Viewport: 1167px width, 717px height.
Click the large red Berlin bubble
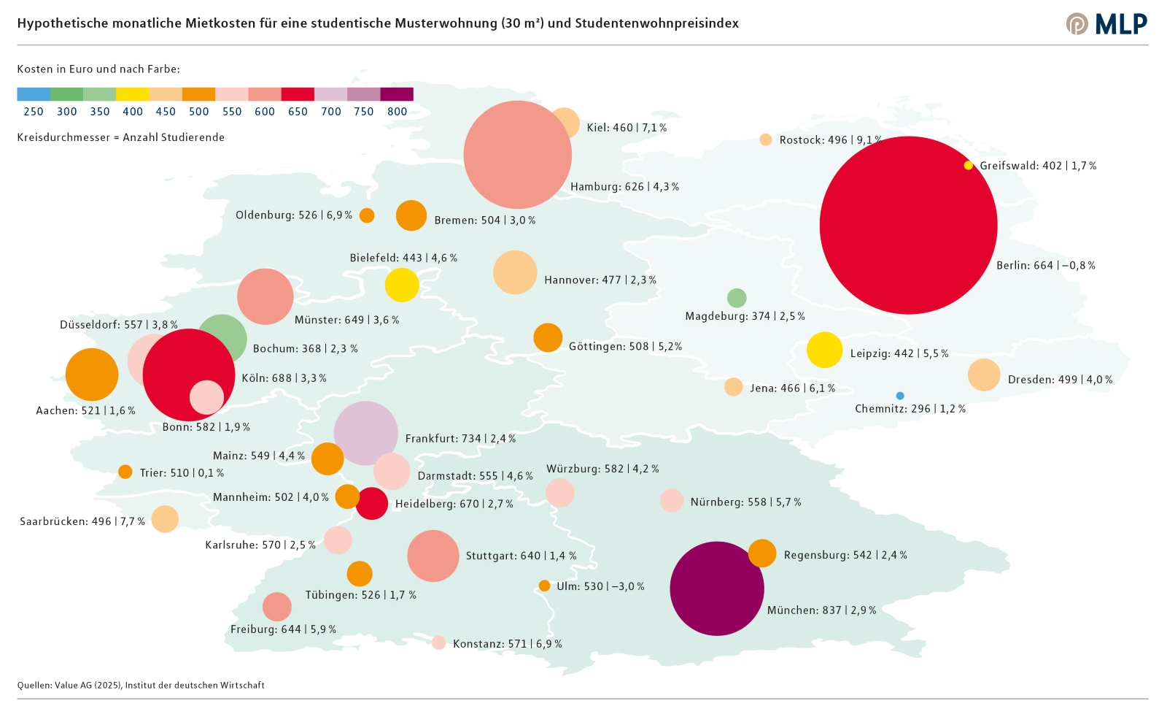pyautogui.click(x=908, y=226)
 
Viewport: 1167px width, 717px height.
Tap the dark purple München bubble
pyautogui.click(x=716, y=588)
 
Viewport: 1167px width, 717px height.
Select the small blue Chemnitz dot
pyautogui.click(x=900, y=396)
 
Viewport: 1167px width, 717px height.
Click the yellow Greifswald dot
pyautogui.click(x=969, y=166)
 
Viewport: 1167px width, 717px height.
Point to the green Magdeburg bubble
pyautogui.click(x=737, y=298)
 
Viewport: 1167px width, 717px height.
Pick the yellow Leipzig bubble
pyautogui.click(x=824, y=350)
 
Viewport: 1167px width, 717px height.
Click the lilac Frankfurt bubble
pyautogui.click(x=365, y=433)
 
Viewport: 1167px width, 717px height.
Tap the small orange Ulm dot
pyautogui.click(x=544, y=586)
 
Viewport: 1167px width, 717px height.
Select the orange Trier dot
pyautogui.click(x=125, y=472)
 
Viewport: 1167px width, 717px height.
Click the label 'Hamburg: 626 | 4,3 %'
pyautogui.click(x=624, y=187)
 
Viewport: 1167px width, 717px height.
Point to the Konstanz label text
pyautogui.click(x=507, y=644)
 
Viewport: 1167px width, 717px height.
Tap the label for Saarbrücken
pyautogui.click(x=82, y=521)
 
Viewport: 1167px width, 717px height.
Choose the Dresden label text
pyautogui.click(x=1060, y=380)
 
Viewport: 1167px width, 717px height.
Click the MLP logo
pyautogui.click(x=1106, y=23)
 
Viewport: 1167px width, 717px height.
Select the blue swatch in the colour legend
pyautogui.click(x=34, y=94)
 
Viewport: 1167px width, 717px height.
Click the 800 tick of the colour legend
pyautogui.click(x=397, y=112)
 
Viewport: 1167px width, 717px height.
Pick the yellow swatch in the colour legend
pyautogui.click(x=133, y=94)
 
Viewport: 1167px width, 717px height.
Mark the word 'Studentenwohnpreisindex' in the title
pyautogui.click(x=656, y=23)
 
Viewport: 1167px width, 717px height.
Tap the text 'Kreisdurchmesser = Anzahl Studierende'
pyautogui.click(x=121, y=137)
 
